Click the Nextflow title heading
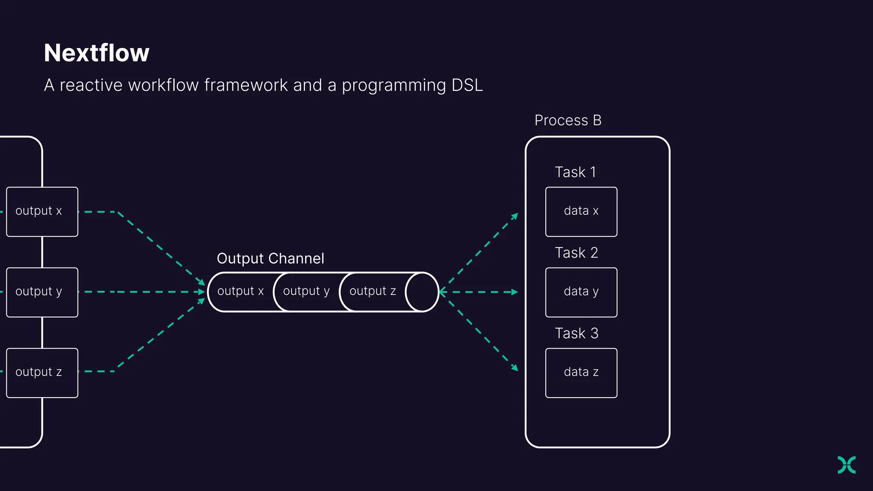click(x=97, y=53)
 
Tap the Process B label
click(x=568, y=121)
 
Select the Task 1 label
click(x=575, y=172)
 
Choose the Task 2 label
click(x=576, y=253)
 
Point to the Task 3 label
click(x=576, y=333)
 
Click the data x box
click(x=581, y=212)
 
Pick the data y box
click(x=581, y=292)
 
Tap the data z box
click(x=581, y=373)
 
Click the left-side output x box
click(x=42, y=212)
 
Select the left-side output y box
click(x=42, y=292)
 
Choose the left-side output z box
click(x=42, y=373)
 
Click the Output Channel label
click(x=270, y=259)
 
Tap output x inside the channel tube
click(x=240, y=292)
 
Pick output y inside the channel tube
click(x=306, y=292)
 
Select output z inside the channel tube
click(x=373, y=292)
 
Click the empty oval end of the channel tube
click(x=422, y=292)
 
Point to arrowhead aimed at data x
click(x=515, y=216)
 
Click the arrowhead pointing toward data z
click(x=515, y=368)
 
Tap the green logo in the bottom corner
click(x=847, y=465)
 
